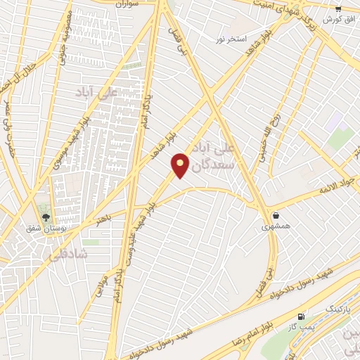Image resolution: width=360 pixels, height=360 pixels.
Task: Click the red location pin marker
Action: click(x=180, y=165)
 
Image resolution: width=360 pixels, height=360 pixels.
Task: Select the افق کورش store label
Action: click(x=337, y=19)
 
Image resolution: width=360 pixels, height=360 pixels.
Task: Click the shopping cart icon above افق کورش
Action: click(x=338, y=8)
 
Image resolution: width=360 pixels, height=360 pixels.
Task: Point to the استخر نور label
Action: click(x=231, y=39)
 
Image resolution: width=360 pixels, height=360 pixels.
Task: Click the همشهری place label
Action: click(x=275, y=226)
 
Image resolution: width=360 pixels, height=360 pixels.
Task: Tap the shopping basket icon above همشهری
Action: click(x=275, y=215)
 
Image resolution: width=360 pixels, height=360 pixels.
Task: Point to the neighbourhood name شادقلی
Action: click(x=69, y=255)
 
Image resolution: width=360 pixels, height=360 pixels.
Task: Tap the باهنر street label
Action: click(x=104, y=218)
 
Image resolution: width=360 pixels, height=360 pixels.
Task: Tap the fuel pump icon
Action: click(x=302, y=317)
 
